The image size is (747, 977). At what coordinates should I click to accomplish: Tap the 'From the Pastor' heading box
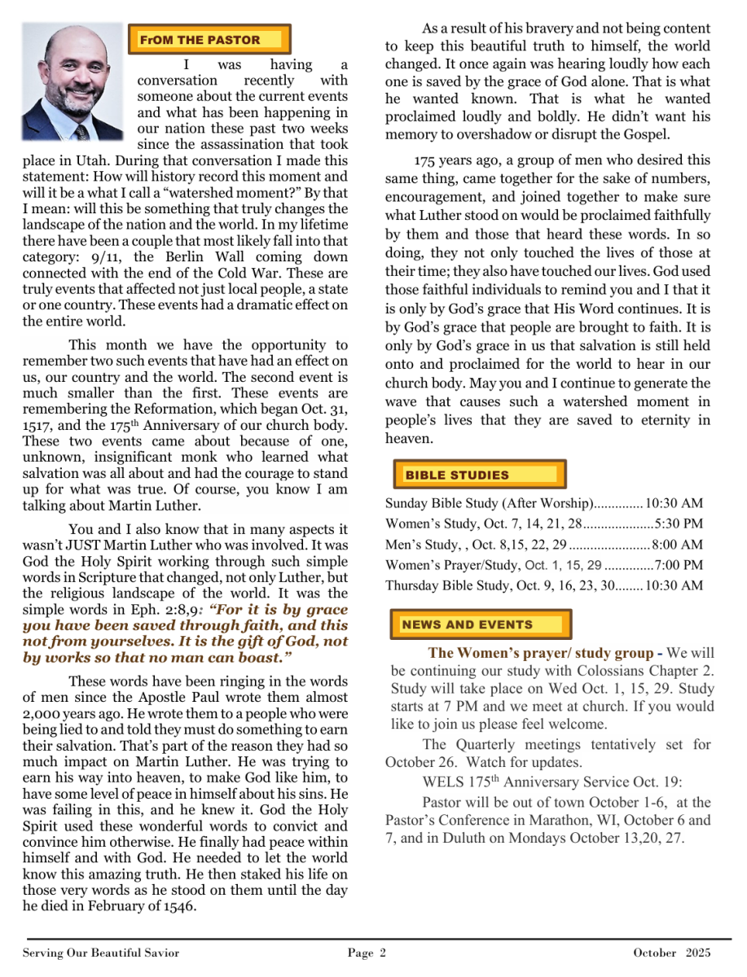pos(209,39)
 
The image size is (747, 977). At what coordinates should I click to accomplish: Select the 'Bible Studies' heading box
pos(478,475)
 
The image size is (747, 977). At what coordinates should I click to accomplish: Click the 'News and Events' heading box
pos(481,624)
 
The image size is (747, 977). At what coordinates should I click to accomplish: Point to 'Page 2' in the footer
pos(367,953)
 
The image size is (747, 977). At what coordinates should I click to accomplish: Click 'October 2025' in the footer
pos(672,953)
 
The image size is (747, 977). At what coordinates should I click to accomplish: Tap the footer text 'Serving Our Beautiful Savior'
pos(101,953)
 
